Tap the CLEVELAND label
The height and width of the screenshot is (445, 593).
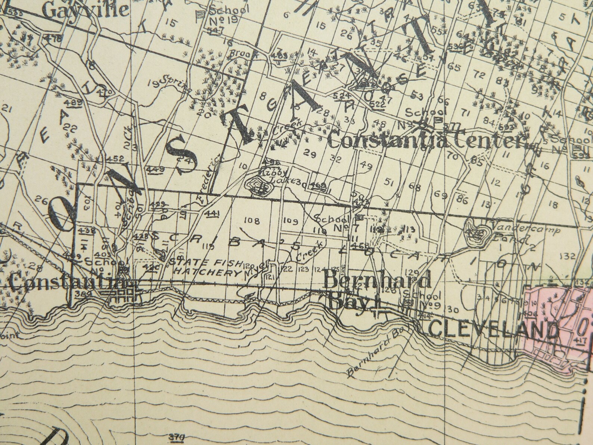point(493,329)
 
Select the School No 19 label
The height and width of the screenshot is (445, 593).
point(228,15)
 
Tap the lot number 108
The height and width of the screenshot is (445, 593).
point(251,220)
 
